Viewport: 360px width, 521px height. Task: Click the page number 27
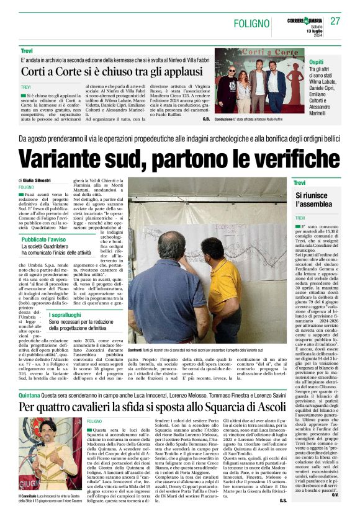point(335,21)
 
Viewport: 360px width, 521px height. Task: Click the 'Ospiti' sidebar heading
point(299,63)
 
